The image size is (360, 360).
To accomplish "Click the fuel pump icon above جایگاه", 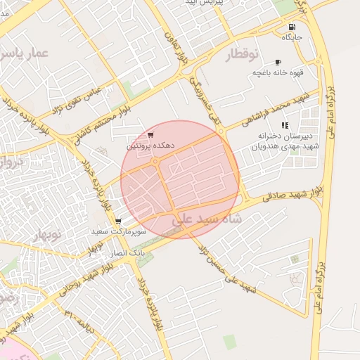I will [292, 27].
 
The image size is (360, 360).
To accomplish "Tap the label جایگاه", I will [292, 37].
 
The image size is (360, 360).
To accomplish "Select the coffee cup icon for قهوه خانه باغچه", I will [278, 62].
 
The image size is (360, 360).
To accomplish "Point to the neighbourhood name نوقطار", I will [243, 55].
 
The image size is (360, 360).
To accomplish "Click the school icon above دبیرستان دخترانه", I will [285, 125].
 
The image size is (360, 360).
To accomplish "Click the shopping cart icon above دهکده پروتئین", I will [151, 135].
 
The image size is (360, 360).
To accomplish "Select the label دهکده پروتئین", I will [150, 146].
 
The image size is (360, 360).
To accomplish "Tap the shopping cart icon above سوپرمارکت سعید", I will [118, 221].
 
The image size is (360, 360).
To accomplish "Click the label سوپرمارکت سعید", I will [118, 231].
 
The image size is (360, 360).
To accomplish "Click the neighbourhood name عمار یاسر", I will [25, 53].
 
